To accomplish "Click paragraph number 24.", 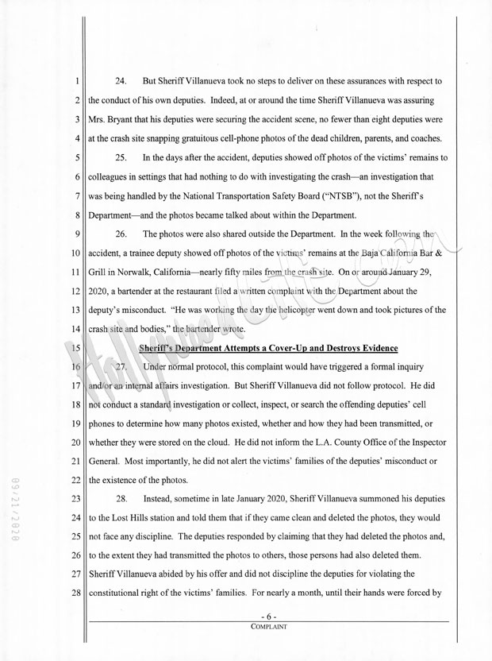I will tap(121, 82).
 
